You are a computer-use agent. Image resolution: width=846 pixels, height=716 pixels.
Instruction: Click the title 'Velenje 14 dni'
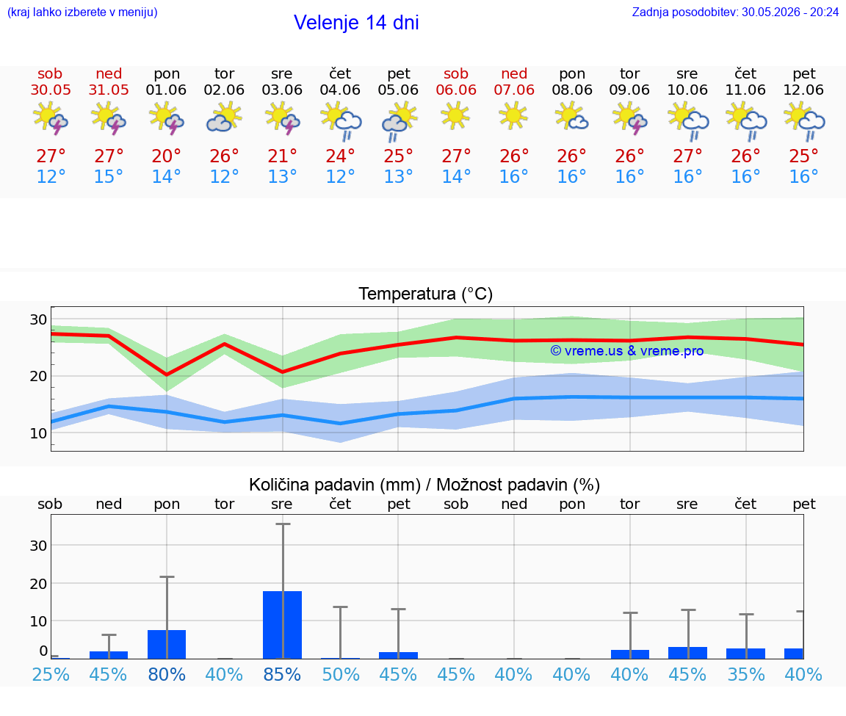coord(356,23)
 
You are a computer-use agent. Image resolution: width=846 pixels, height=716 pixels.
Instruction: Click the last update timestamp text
coord(735,12)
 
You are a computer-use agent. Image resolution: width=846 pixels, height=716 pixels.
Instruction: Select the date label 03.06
coord(282,90)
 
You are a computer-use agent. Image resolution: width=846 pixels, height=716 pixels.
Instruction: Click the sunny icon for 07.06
coord(513,117)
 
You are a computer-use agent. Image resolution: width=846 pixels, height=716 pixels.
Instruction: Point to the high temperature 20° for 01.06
coord(166,156)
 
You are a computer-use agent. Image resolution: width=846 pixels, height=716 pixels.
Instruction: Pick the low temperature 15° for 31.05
coord(109,176)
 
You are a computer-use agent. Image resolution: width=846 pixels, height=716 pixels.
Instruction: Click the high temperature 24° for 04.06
coord(340,156)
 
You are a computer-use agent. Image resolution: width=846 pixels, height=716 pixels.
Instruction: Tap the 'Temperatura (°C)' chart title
coord(426,294)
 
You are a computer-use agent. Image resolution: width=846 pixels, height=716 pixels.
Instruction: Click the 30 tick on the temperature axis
coord(38,319)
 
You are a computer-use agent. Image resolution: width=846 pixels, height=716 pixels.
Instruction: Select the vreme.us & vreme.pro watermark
coord(627,351)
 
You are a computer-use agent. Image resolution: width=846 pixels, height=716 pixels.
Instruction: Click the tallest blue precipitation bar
coord(282,625)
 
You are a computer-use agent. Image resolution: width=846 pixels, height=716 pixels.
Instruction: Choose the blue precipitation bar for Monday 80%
coord(167,644)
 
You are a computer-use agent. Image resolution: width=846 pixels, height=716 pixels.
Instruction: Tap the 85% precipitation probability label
coord(282,674)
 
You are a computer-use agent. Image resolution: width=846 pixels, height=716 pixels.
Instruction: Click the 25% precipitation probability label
coord(51,674)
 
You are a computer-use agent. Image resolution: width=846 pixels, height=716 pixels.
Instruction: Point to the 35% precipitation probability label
coord(746,674)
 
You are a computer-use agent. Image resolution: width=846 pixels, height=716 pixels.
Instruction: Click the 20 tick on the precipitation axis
coord(38,584)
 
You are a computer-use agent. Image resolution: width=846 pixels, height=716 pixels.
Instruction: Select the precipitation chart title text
coord(424,485)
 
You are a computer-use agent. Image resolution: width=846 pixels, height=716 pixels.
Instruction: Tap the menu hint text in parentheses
coord(82,12)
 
